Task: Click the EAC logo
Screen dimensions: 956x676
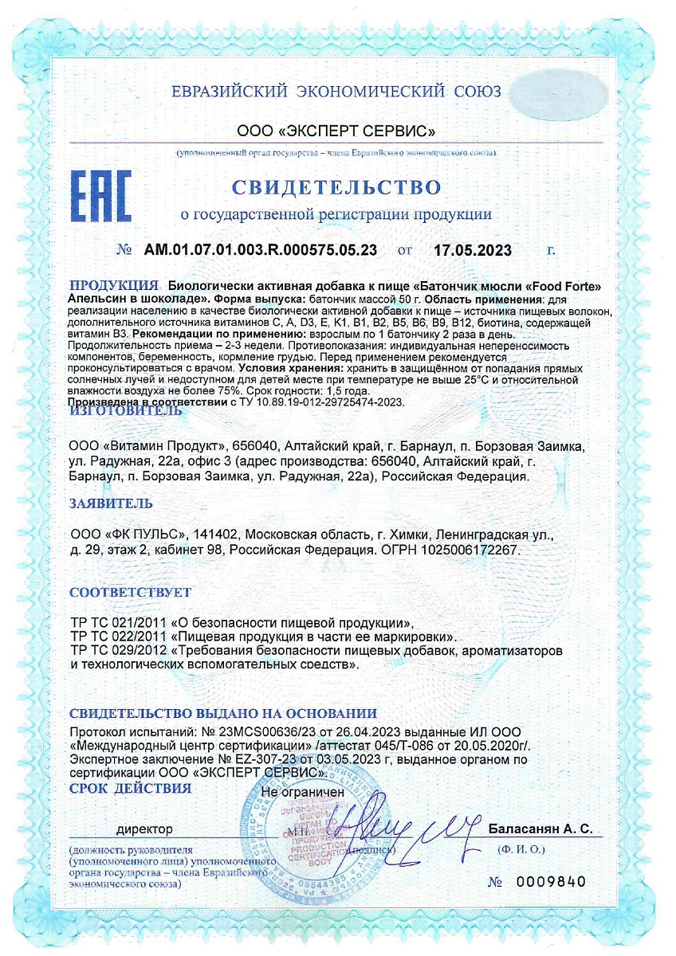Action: (101, 195)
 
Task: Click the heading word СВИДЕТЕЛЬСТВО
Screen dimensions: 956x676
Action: (336, 187)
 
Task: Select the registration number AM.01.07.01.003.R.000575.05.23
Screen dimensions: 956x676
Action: (261, 249)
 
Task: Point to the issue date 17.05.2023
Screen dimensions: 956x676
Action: (472, 249)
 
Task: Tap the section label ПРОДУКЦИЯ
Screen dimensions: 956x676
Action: (113, 285)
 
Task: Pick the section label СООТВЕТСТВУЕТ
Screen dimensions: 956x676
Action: (131, 593)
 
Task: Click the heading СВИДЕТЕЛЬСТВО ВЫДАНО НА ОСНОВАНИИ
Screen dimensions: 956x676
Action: (223, 713)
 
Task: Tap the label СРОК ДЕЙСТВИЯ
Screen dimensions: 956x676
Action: (131, 789)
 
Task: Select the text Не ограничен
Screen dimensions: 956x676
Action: (303, 793)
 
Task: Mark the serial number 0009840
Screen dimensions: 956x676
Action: (551, 882)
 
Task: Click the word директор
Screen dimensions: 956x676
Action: (144, 829)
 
